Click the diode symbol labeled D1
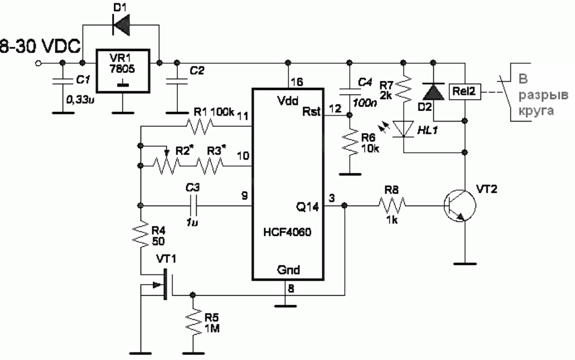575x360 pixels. [121, 24]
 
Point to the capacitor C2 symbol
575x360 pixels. [177, 82]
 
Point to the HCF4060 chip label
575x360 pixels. [288, 232]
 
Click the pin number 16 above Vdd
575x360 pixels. [297, 82]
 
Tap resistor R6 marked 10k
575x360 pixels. [349, 144]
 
